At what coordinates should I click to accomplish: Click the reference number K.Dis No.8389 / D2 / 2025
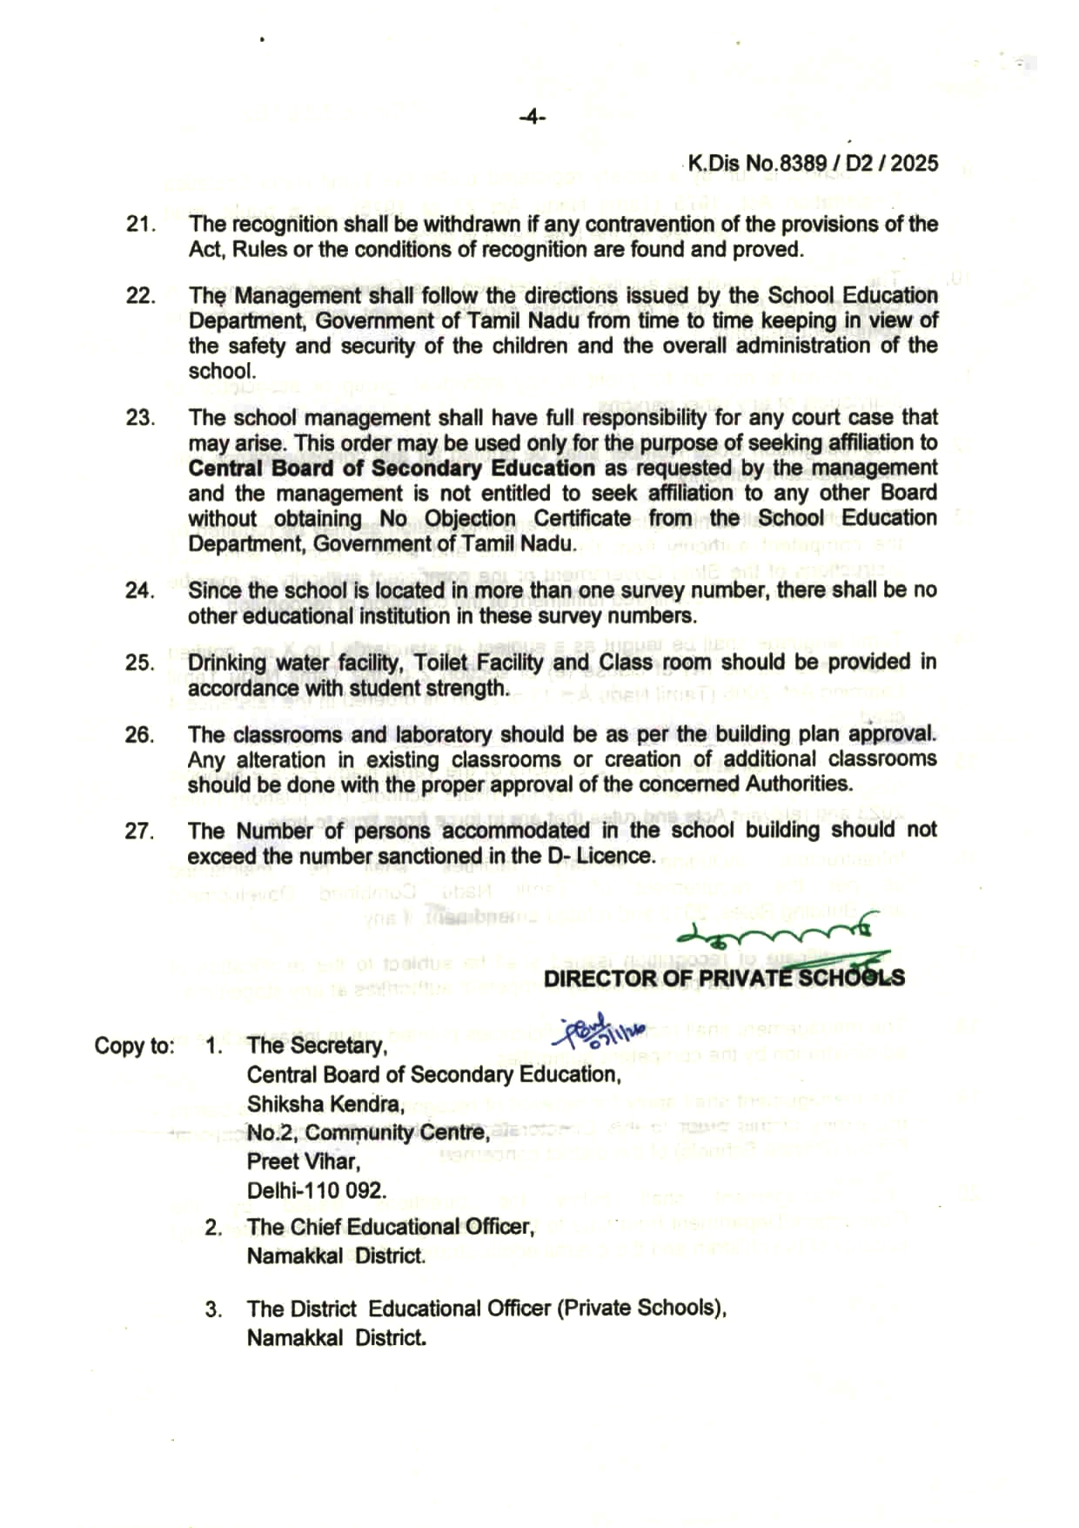click(813, 163)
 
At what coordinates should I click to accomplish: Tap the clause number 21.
click(140, 224)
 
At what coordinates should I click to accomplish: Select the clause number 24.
click(139, 590)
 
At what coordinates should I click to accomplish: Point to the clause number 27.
click(139, 831)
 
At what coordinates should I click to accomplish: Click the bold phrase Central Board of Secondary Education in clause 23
click(392, 468)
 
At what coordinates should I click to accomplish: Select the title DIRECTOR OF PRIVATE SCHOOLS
click(723, 978)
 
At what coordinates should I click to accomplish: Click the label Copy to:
click(134, 1046)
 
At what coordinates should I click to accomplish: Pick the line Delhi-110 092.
click(317, 1190)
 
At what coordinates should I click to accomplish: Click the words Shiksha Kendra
click(325, 1104)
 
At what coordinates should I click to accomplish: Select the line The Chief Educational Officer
click(391, 1228)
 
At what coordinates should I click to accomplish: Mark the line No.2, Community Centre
click(368, 1133)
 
